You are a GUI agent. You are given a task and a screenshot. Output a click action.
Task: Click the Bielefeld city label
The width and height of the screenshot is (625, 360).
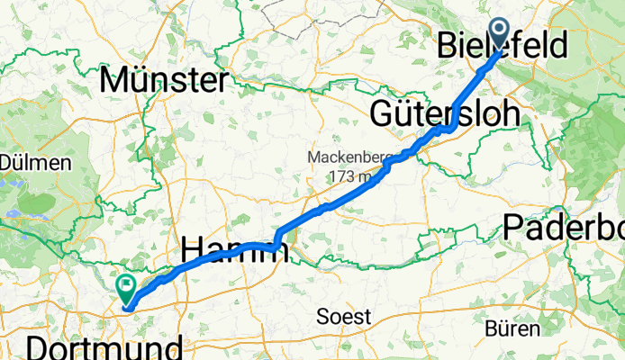[x=503, y=45]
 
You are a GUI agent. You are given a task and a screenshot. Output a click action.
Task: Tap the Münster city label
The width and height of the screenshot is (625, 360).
[x=163, y=80]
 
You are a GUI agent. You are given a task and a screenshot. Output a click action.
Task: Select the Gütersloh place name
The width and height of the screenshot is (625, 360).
[x=445, y=113]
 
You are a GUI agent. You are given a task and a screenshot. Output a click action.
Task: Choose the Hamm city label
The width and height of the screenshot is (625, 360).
[x=236, y=249]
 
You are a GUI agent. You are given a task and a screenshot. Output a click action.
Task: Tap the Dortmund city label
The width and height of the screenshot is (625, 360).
[x=104, y=348]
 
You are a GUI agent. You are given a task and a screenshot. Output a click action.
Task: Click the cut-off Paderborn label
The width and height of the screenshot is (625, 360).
[x=564, y=227]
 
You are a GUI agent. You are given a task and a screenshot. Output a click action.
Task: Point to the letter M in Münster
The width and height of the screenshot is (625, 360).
[x=115, y=80]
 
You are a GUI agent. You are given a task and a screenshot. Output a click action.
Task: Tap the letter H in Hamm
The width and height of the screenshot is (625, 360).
[x=195, y=249]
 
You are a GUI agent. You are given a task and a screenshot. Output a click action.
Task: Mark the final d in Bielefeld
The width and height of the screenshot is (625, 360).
[x=557, y=45]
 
